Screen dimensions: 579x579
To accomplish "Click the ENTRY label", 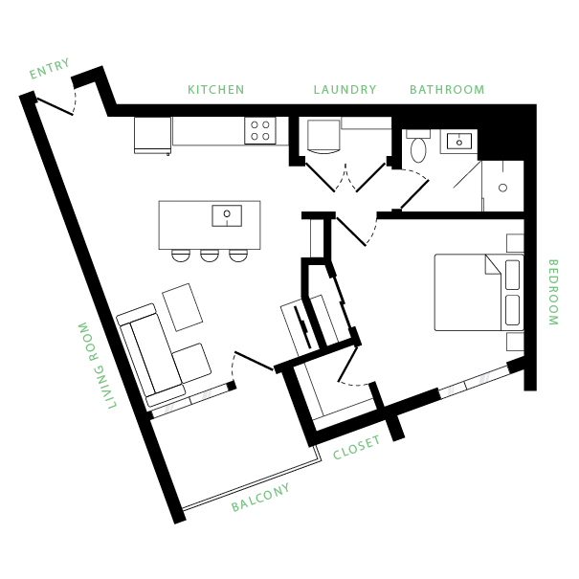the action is coord(49,69).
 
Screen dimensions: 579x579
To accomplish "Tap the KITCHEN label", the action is coord(216,90).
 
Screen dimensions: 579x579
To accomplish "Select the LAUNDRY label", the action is coord(345,90).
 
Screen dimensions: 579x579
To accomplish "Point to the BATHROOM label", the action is coord(447,90).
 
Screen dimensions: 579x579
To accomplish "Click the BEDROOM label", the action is coord(553,292).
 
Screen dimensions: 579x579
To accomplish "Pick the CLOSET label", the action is coord(356,447).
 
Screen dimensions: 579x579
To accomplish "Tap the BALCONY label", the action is coord(260,498).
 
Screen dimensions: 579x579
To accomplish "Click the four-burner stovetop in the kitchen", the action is coord(260,131).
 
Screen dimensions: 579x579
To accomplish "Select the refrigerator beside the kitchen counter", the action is coord(152,136).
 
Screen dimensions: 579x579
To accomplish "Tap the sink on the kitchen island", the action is coord(227,215).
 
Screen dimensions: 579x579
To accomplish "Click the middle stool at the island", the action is coord(210,256).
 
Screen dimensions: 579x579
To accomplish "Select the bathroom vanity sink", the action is coord(459,142).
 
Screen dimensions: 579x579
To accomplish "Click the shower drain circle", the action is coord(503,188).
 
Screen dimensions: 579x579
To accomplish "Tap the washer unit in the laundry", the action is coord(323,136).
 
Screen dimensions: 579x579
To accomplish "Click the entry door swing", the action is coord(56,106).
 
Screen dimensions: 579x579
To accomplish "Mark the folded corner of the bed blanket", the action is coord(493,264).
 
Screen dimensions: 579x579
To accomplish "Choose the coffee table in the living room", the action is coord(183,307).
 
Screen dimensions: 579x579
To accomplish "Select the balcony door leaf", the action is coord(254,361).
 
